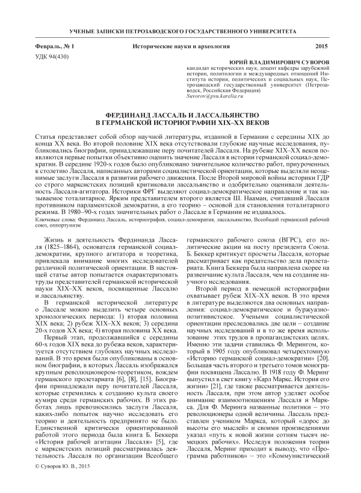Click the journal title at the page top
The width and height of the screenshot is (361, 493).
point(180,29)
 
